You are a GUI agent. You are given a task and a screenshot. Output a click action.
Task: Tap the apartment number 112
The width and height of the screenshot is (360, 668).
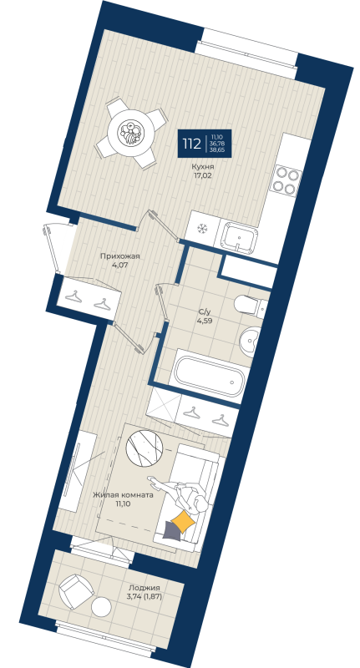pyautogui.click(x=191, y=144)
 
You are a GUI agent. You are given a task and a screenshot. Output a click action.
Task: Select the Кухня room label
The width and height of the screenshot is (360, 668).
pyautogui.click(x=201, y=166)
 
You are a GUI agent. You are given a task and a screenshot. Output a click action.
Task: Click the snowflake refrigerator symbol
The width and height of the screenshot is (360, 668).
pyautogui.click(x=201, y=228)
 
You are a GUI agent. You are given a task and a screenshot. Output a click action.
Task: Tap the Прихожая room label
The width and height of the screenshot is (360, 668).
pyautogui.click(x=119, y=257)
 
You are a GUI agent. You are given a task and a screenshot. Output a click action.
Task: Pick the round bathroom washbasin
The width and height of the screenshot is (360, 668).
pyautogui.click(x=251, y=341)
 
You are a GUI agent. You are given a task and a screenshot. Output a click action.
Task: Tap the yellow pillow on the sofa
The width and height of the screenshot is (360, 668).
pyautogui.click(x=184, y=524)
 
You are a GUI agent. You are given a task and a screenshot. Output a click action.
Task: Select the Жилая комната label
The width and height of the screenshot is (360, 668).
pyautogui.click(x=123, y=494)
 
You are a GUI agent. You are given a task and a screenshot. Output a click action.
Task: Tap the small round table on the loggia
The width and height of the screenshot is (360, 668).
pyautogui.click(x=102, y=607)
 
